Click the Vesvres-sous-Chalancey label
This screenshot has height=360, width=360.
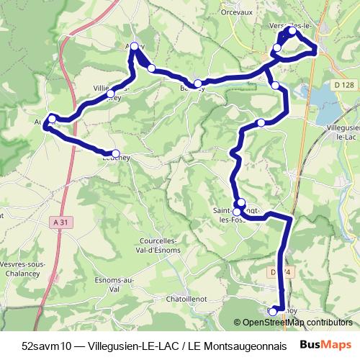(x=22, y=269)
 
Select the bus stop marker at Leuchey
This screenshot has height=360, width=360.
(x=115, y=153)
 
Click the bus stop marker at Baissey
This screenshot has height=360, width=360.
(x=197, y=84)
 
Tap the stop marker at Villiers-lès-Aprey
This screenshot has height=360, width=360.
(x=110, y=93)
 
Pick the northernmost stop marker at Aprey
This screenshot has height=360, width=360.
(x=134, y=47)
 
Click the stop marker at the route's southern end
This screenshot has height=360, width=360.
(x=273, y=310)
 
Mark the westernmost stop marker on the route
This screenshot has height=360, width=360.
(x=52, y=118)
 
